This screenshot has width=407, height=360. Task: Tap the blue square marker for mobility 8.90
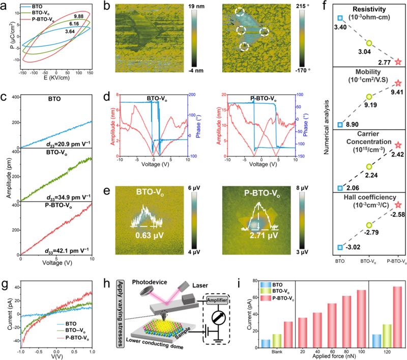[x=340, y=124]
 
